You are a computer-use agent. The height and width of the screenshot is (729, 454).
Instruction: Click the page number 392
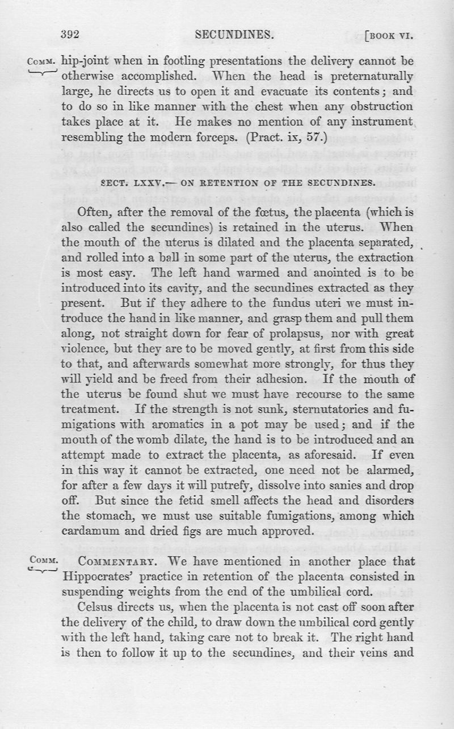[x=70, y=35]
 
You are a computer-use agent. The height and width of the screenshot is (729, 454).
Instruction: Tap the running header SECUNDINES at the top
[x=234, y=35]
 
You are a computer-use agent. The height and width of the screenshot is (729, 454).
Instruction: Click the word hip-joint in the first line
[x=83, y=60]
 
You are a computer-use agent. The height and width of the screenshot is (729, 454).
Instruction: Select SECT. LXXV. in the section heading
[x=125, y=183]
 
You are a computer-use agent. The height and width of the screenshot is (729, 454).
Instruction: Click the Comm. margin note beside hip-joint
[x=43, y=60]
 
